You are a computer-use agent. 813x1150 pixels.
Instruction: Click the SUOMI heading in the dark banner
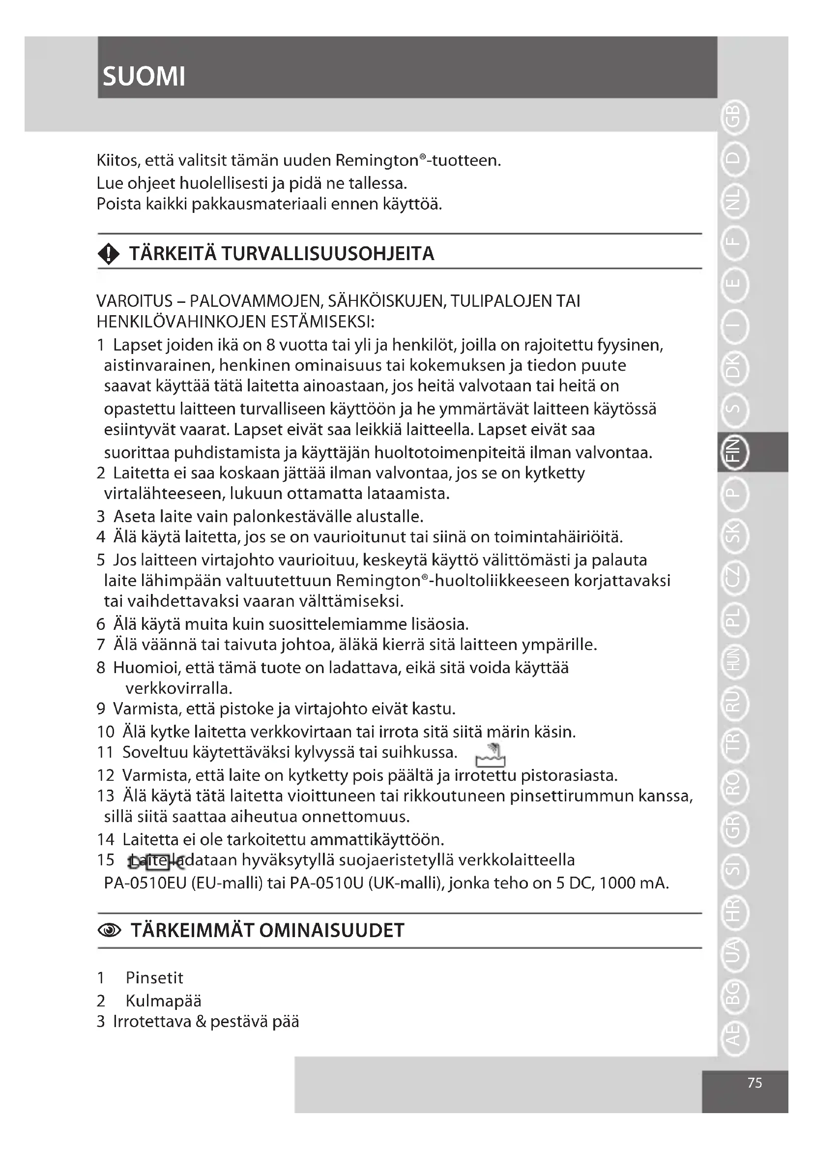[x=144, y=77]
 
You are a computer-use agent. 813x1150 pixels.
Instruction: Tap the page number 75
[x=755, y=1083]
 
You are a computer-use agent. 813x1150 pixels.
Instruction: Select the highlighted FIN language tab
[x=733, y=451]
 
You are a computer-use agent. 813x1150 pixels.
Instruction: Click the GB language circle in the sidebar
[x=733, y=118]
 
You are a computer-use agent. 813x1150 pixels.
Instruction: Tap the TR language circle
[x=733, y=746]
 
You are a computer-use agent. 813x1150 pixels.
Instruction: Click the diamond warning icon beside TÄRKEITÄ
[x=109, y=255]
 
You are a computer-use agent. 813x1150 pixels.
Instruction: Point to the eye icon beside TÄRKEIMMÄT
[x=109, y=931]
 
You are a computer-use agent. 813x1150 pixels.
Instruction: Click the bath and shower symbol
[x=491, y=755]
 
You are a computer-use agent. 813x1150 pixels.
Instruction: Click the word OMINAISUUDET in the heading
[x=332, y=930]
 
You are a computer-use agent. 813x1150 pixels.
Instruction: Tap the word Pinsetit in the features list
[x=154, y=977]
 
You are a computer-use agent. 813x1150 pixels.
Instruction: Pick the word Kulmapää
[x=163, y=1001]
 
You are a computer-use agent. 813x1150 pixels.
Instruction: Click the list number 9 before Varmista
[x=101, y=709]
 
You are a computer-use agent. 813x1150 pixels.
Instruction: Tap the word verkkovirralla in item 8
[x=179, y=688]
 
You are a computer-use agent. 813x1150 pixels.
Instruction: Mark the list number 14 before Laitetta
[x=106, y=839]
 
